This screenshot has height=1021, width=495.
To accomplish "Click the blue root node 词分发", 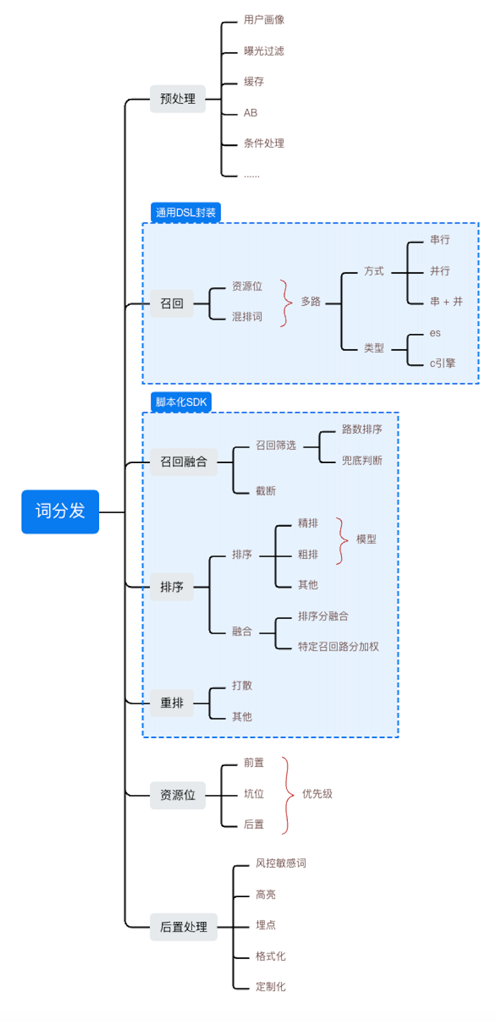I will (60, 512).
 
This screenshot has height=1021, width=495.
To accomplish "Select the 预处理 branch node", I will (177, 99).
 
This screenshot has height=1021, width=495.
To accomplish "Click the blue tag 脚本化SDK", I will (181, 402).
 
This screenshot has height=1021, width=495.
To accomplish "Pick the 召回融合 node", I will (183, 462).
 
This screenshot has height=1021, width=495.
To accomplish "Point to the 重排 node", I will (171, 703).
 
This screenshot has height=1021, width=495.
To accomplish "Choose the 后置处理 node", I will (183, 927).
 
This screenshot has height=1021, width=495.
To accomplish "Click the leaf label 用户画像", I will (264, 19).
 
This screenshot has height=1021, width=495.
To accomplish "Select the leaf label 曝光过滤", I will (264, 51).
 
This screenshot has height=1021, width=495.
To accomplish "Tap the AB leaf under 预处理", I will (250, 113).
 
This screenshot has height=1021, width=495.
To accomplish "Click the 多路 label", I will (310, 302).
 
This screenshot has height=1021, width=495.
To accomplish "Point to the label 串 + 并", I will (446, 302).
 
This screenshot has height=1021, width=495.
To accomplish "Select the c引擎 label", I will (443, 364).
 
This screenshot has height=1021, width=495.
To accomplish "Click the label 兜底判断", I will (362, 460).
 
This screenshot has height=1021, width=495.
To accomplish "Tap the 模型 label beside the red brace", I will (366, 539).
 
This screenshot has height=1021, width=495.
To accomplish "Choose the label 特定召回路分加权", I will (338, 647).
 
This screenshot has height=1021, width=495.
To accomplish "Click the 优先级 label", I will (317, 794).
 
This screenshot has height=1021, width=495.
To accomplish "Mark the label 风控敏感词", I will (281, 864).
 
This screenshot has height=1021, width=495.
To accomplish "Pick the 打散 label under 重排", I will (242, 686).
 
